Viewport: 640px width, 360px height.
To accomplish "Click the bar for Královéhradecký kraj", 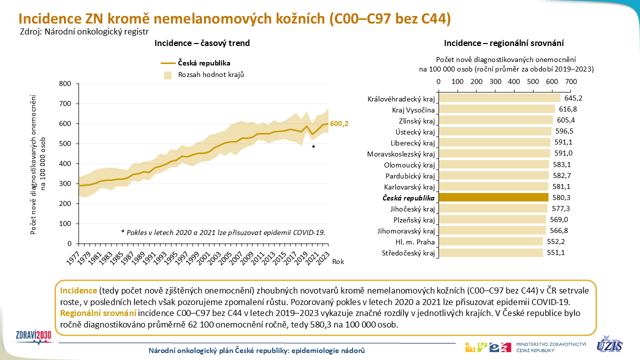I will coord(499,98).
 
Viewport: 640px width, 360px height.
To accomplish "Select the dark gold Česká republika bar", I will coord(493,197).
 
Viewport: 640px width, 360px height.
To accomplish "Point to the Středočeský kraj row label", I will coord(408,253).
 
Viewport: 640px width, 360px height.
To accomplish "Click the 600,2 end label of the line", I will coord(339,123).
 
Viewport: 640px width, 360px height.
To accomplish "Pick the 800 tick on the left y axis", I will coord(65,83).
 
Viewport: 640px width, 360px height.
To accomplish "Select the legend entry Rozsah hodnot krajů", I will coord(210,74).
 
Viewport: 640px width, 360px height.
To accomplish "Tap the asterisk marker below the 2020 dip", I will coord(313,147).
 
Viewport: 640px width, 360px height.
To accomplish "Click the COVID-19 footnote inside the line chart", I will coord(223,232).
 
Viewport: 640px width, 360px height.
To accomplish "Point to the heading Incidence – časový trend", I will coord(202,43).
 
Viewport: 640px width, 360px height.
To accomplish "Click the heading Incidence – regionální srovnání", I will coord(504,43).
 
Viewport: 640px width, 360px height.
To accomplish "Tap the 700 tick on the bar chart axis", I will coord(570,81).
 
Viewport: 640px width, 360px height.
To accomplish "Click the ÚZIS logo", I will coord(609,344).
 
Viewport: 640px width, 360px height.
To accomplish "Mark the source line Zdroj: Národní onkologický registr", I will coord(84,31).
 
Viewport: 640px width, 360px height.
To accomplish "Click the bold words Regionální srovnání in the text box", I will coord(98,313).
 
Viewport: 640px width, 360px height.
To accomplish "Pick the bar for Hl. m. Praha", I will coord(490,241).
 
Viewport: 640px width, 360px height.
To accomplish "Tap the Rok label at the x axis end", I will coord(338,260).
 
